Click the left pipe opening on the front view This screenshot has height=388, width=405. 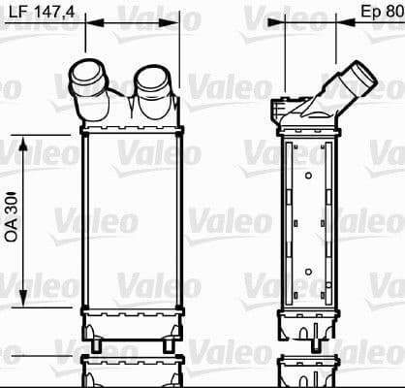point(86,73)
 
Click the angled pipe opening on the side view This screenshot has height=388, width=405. point(363,74)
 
